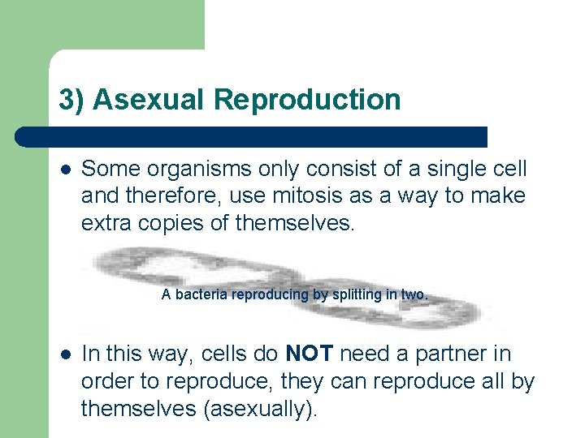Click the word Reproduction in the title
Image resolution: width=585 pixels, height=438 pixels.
pos(307,99)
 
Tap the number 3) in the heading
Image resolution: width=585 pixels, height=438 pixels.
pos(71,99)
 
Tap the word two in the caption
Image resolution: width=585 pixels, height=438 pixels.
pos(414,294)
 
